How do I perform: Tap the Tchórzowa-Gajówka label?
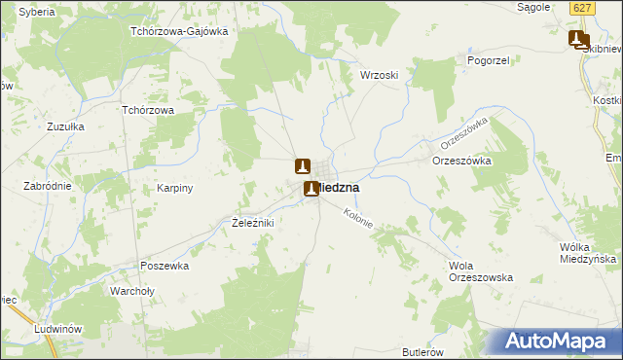[x=179, y=31]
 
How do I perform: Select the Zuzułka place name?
[x=65, y=126]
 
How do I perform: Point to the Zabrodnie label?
[x=49, y=185]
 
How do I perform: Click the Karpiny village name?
[x=176, y=188]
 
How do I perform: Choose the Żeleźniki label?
[x=252, y=223]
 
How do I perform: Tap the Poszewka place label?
[x=164, y=265]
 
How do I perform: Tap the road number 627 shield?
[x=582, y=8]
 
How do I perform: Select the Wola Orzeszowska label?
[x=480, y=271]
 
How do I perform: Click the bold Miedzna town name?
[x=339, y=188]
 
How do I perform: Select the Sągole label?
[x=536, y=7]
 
